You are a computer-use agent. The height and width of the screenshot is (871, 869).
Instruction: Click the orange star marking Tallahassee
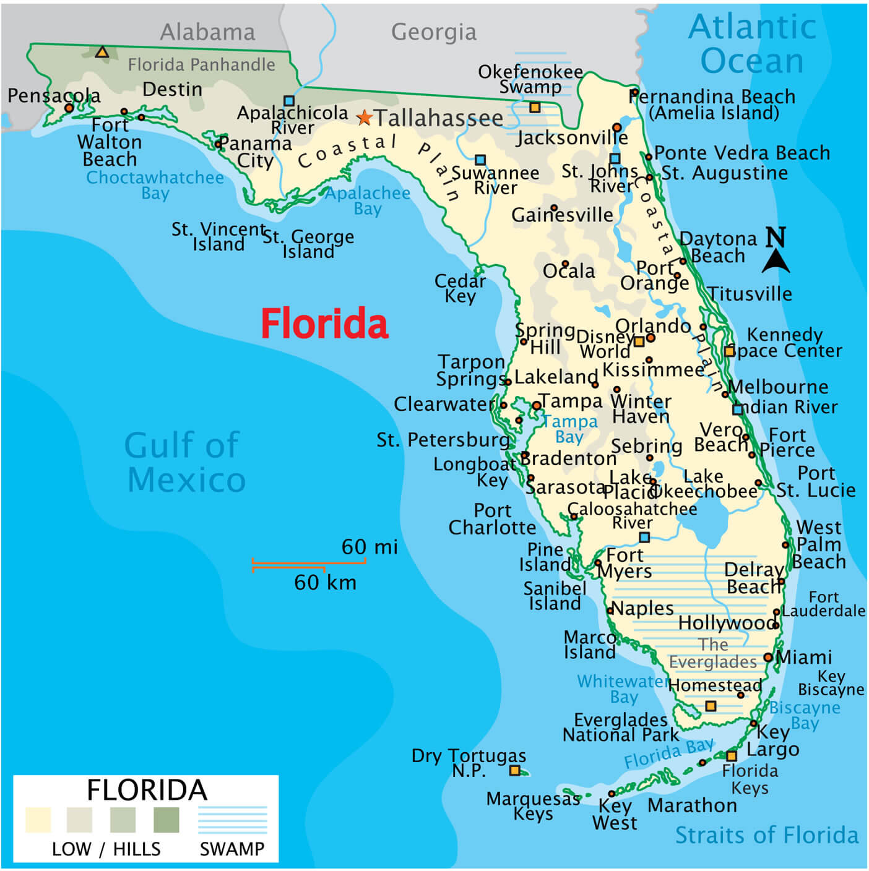pyautogui.click(x=365, y=117)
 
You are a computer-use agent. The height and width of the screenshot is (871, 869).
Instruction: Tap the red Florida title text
pyautogui.click(x=324, y=324)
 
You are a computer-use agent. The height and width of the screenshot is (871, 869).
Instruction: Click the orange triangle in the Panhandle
pyautogui.click(x=102, y=53)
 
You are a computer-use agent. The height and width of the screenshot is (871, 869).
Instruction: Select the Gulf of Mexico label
pyautogui.click(x=184, y=462)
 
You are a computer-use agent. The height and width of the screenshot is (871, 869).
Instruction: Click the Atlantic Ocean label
pyautogui.click(x=752, y=43)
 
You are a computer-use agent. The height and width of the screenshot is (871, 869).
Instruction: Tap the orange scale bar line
pyautogui.click(x=308, y=563)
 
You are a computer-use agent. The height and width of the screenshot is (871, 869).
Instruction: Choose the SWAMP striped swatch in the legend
pyautogui.click(x=232, y=819)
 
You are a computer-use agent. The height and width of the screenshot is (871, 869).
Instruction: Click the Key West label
pyautogui.click(x=614, y=814)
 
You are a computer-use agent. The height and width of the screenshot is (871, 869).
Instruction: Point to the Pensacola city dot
pyautogui.click(x=69, y=108)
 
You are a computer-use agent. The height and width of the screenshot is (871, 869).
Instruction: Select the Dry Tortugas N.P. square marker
pyautogui.click(x=514, y=770)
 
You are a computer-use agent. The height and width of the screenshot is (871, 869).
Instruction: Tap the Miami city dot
pyautogui.click(x=768, y=657)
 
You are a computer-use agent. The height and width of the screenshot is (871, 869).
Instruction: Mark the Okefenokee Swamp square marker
pyautogui.click(x=535, y=108)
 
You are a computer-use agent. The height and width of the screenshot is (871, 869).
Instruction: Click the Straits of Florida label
pyautogui.click(x=766, y=835)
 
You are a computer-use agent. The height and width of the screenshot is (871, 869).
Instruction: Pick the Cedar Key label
pyautogui.click(x=460, y=288)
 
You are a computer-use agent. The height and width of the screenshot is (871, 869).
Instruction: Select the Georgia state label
pyautogui.click(x=434, y=32)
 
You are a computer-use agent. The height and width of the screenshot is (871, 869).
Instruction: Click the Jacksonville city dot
pyautogui.click(x=617, y=127)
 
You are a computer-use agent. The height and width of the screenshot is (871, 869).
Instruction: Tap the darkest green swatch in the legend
pyautogui.click(x=166, y=819)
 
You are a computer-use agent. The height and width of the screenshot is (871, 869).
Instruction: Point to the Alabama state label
pyautogui.click(x=207, y=32)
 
